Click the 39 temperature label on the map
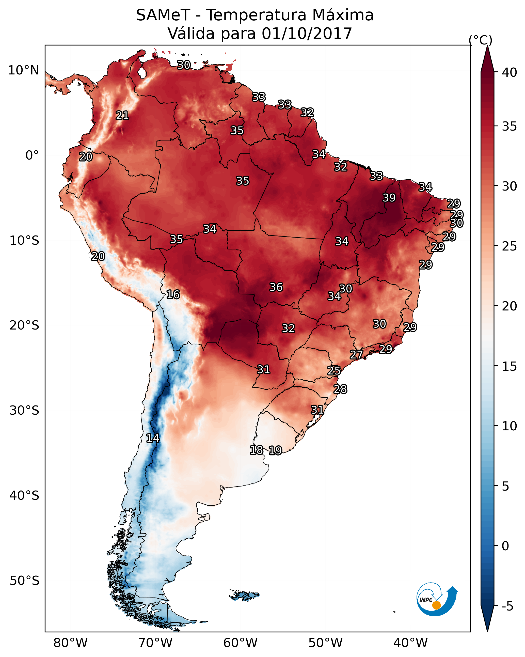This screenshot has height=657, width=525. pyautogui.click(x=389, y=198)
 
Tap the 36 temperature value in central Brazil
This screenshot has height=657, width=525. pyautogui.click(x=276, y=287)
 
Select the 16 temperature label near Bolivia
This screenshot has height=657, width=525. pyautogui.click(x=173, y=294)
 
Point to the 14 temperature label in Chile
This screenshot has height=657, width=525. pyautogui.click(x=153, y=438)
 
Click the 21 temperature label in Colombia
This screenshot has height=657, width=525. pyautogui.click(x=122, y=116)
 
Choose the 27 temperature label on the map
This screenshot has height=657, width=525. pyautogui.click(x=356, y=354)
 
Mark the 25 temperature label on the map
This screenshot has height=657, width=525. pyautogui.click(x=334, y=371)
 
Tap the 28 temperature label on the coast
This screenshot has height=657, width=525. pyautogui.click(x=340, y=389)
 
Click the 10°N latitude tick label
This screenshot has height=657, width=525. pyautogui.click(x=23, y=70)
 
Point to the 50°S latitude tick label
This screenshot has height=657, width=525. pyautogui.click(x=24, y=581)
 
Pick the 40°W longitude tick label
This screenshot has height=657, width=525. pyautogui.click(x=410, y=643)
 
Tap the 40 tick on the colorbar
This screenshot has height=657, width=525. pyautogui.click(x=510, y=72)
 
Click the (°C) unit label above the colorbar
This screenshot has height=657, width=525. pyautogui.click(x=481, y=40)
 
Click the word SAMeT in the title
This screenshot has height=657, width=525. pyautogui.click(x=163, y=15)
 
